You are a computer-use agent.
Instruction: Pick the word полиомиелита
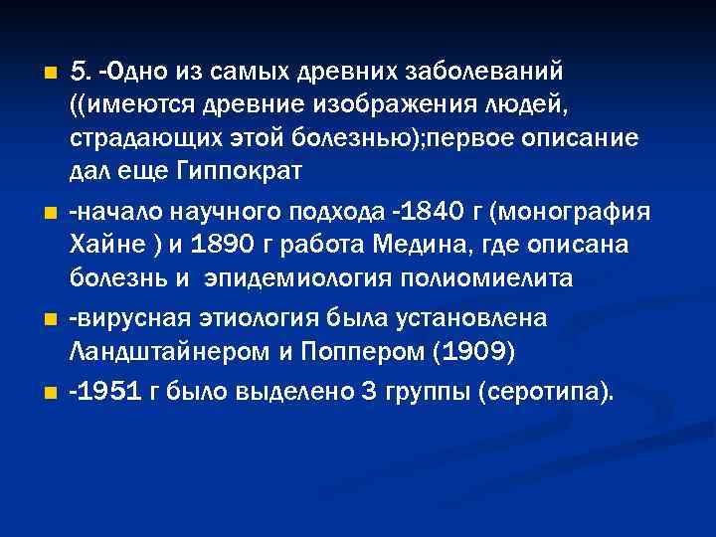(487, 277)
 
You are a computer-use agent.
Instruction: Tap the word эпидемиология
(301, 277)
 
